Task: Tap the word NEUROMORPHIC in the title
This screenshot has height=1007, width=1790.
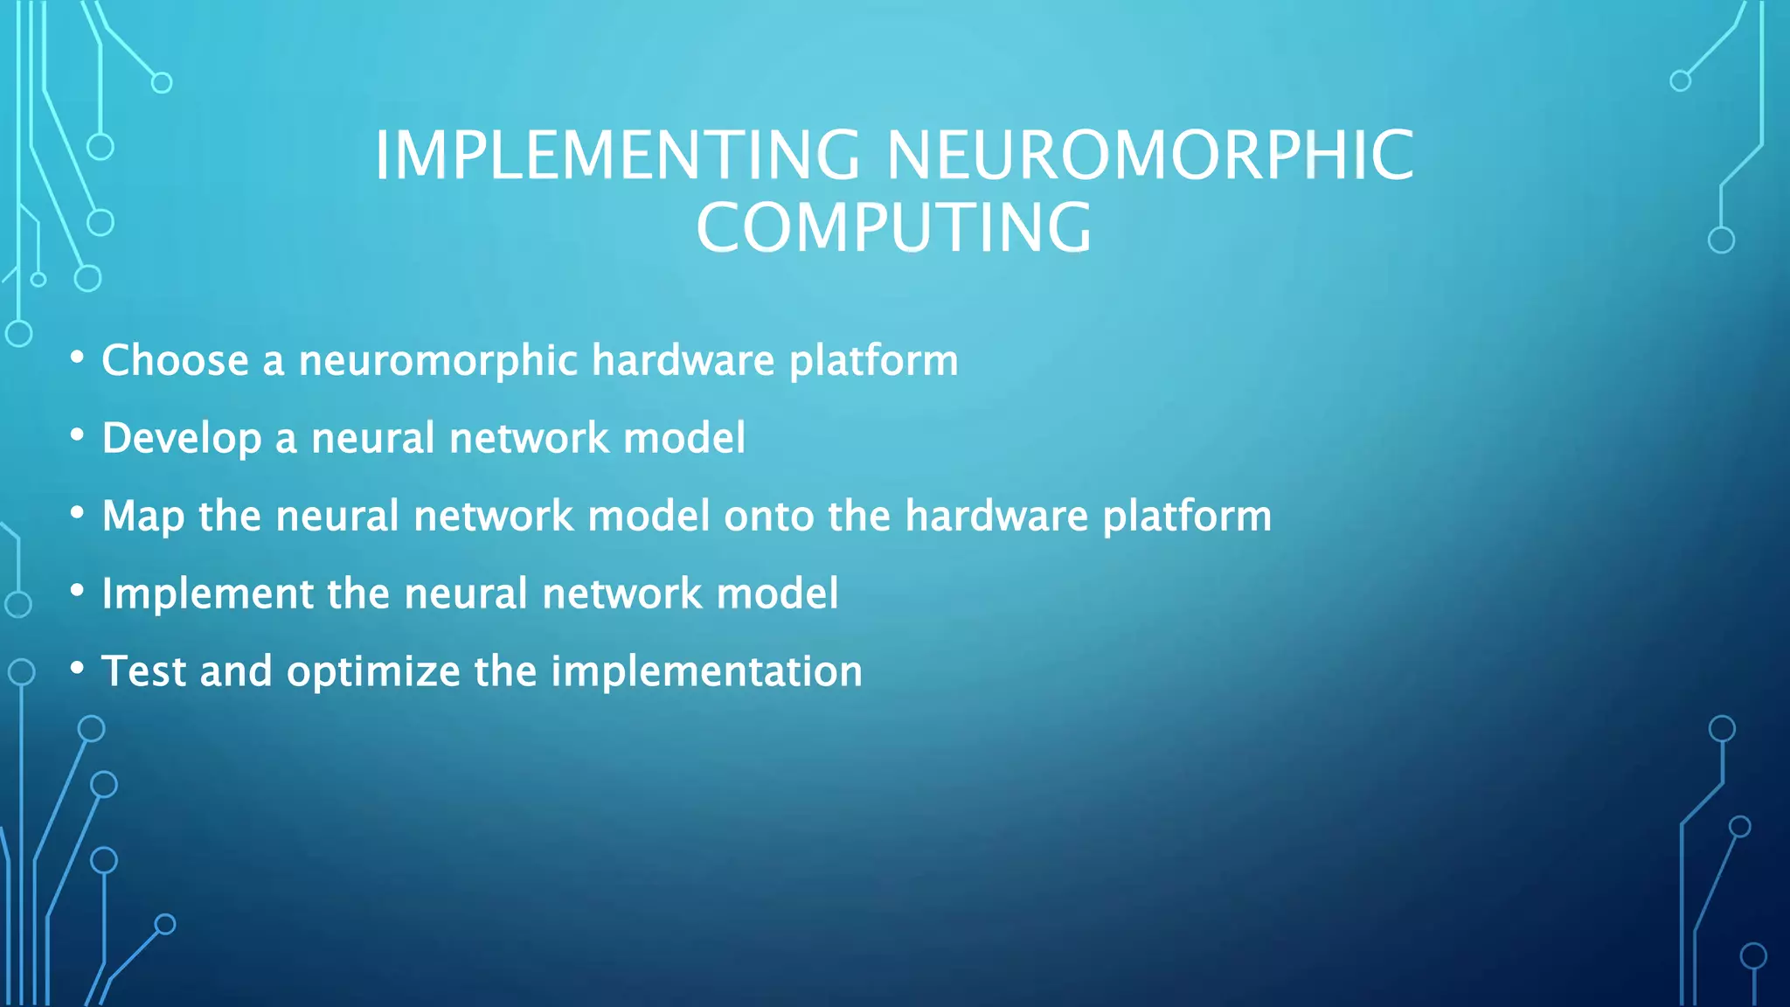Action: pos(1150,156)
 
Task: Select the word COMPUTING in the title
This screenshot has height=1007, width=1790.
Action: pos(893,228)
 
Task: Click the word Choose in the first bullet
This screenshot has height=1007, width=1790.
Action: pos(175,361)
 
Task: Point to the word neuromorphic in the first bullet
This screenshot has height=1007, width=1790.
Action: pos(438,361)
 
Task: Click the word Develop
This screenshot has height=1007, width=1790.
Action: pos(181,439)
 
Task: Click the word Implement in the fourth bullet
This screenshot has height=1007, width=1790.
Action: pos(207,594)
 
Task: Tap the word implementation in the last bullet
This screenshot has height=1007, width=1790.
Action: pos(706,672)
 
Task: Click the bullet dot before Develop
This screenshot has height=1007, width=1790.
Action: pos(78,434)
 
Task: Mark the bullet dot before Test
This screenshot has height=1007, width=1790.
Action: pos(78,669)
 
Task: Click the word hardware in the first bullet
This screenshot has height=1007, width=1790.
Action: pos(683,361)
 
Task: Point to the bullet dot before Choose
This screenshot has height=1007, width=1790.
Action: pos(78,357)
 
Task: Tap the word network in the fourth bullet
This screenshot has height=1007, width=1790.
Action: pos(621,594)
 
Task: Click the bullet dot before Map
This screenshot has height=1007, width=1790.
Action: pos(78,513)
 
